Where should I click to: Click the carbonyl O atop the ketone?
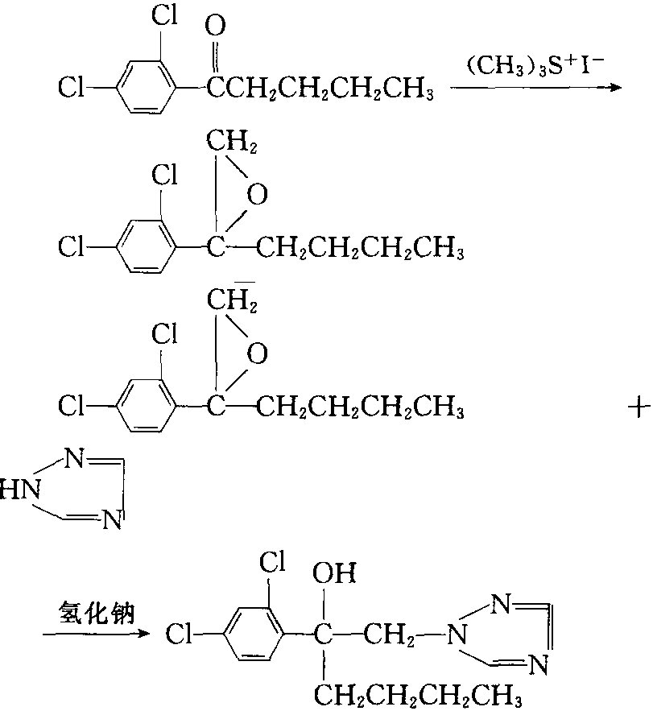215,26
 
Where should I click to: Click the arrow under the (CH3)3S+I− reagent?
535,88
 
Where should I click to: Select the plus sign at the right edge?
639,407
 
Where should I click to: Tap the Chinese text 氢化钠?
97,613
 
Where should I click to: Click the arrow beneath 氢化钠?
96,633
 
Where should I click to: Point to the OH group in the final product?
334,573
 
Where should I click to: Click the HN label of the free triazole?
20,490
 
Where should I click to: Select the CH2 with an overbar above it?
232,300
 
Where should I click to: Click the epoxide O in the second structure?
257,195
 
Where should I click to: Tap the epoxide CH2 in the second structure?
232,141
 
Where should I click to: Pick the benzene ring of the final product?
254,633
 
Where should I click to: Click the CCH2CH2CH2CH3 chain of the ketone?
320,88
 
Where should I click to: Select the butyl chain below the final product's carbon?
418,695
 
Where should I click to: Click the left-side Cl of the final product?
178,634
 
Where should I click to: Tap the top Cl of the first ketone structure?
164,15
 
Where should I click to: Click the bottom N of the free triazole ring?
112,519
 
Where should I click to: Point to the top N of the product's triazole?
502,604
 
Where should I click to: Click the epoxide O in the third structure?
257,353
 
